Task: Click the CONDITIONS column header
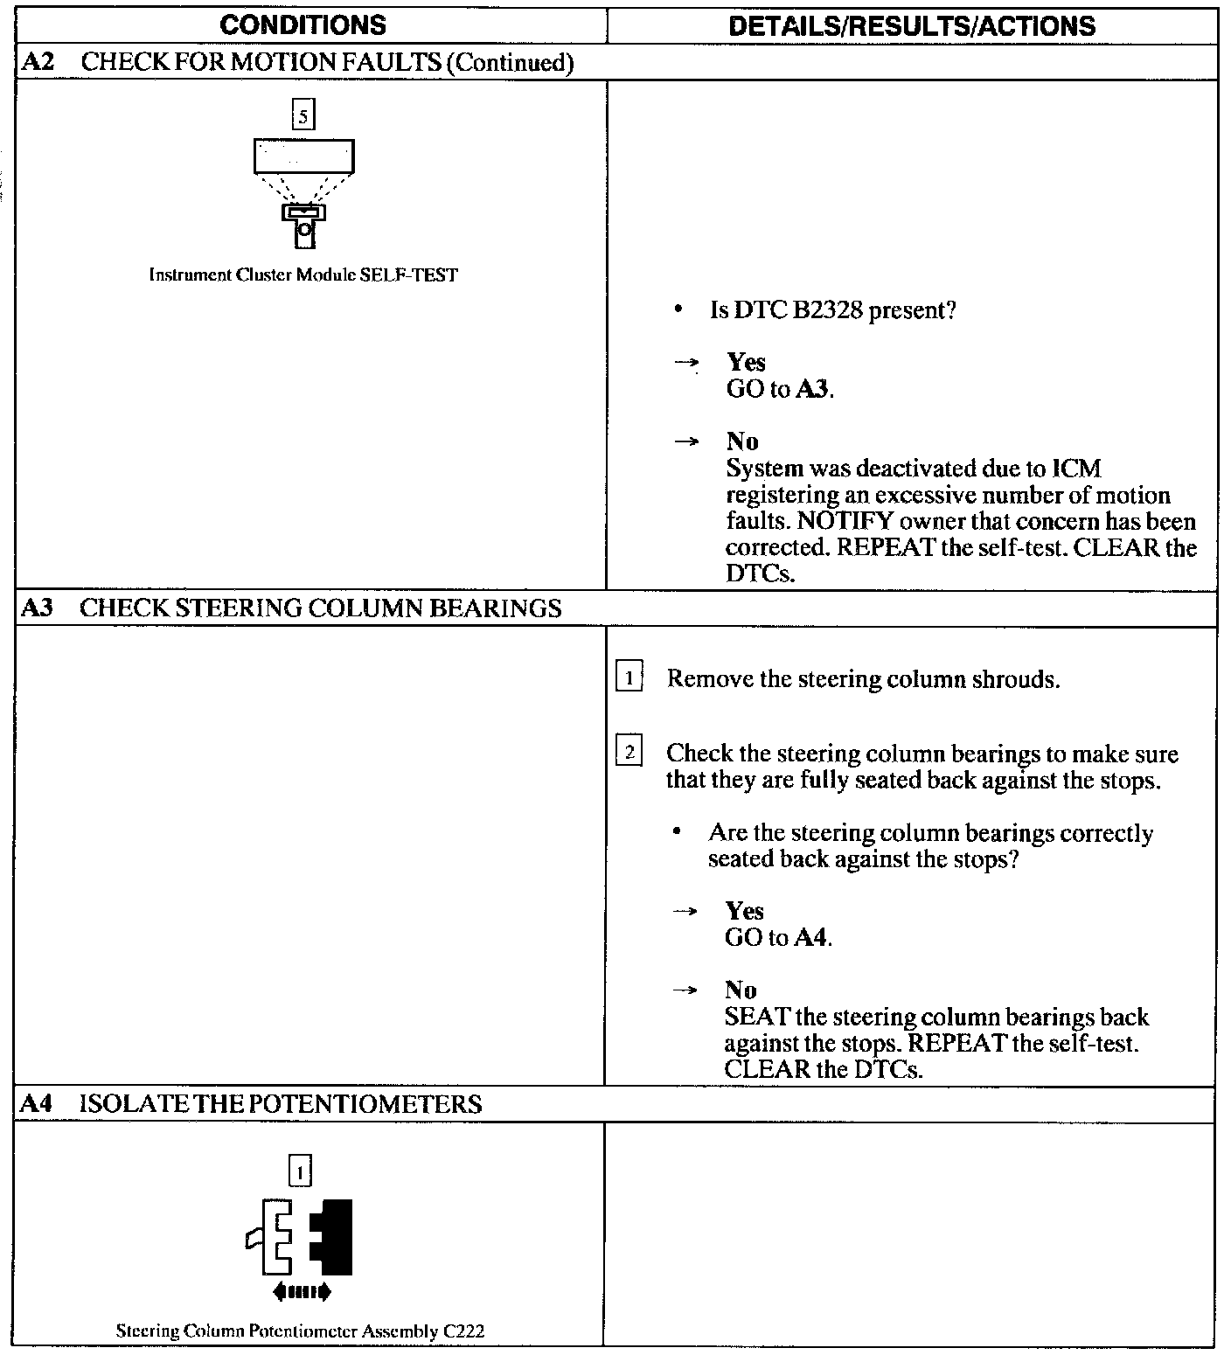(303, 25)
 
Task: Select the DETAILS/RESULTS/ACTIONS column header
(912, 26)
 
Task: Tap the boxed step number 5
(303, 115)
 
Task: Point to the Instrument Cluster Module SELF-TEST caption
(303, 274)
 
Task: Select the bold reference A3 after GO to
(812, 389)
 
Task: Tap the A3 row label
(37, 608)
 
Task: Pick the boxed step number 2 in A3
(629, 752)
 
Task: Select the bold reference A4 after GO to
(811, 938)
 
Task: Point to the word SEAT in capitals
(757, 1018)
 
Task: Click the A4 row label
(37, 1104)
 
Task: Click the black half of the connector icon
(335, 1236)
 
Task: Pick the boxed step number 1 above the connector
(300, 1171)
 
